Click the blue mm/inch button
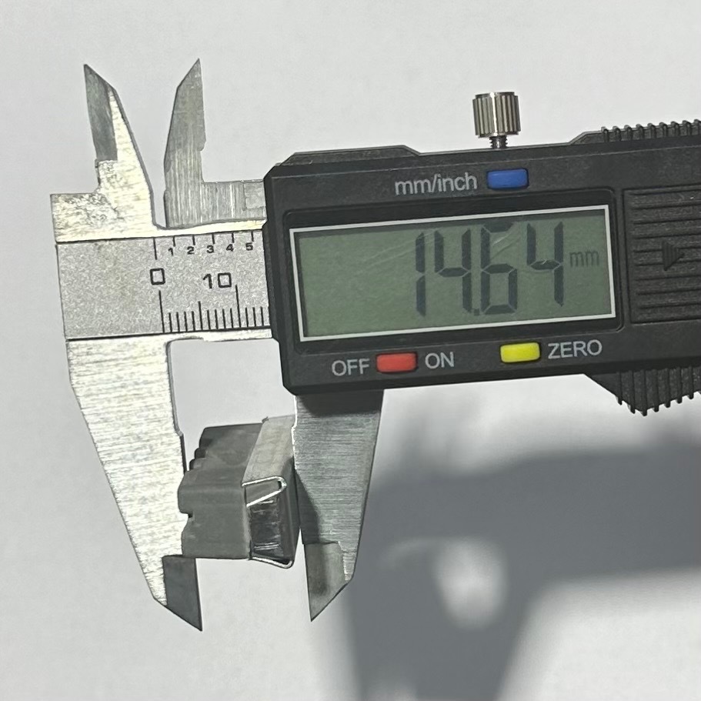(x=507, y=179)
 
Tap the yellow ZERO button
(x=520, y=352)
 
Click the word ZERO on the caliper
(x=575, y=349)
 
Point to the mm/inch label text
(x=436, y=184)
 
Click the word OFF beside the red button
(x=351, y=367)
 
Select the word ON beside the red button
(x=439, y=360)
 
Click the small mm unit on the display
(x=583, y=260)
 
